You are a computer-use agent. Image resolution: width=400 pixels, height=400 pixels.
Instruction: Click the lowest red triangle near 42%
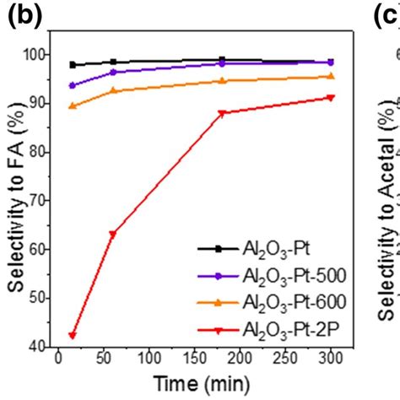[x=73, y=335]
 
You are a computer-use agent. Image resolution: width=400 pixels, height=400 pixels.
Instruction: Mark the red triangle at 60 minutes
[x=113, y=234]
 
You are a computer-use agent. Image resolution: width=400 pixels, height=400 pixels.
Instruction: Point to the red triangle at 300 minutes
[x=330, y=98]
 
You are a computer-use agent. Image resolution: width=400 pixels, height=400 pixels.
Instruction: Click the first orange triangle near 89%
[x=73, y=106]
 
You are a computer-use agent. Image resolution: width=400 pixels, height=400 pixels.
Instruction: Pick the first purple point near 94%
[x=73, y=85]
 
